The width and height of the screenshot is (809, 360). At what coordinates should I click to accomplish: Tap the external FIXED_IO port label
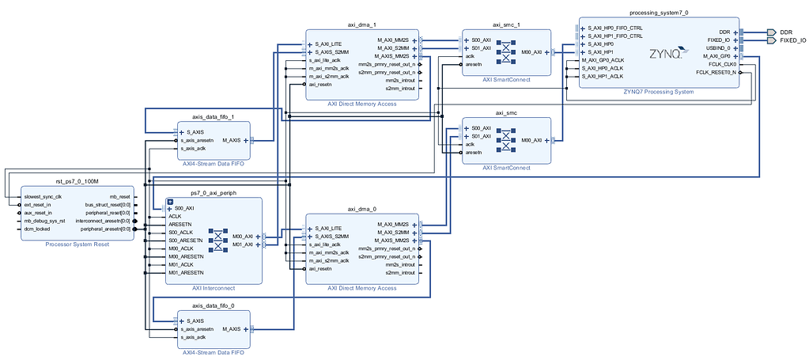click(792, 40)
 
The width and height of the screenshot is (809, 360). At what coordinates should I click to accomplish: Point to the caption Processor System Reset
click(77, 244)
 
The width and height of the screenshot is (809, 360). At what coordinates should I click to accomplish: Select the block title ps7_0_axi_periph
click(213, 192)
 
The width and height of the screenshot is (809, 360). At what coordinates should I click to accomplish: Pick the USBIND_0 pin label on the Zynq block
click(718, 48)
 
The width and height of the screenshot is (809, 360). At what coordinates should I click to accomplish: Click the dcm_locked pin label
click(38, 229)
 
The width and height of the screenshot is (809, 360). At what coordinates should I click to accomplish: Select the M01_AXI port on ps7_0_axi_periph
click(244, 244)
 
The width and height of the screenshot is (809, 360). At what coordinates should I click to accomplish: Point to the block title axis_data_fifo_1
click(214, 116)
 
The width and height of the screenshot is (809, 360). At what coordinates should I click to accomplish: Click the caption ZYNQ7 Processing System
click(659, 92)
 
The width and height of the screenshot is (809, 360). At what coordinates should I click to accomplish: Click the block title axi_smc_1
click(506, 25)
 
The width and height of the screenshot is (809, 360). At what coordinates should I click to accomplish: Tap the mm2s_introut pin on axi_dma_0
click(399, 264)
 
